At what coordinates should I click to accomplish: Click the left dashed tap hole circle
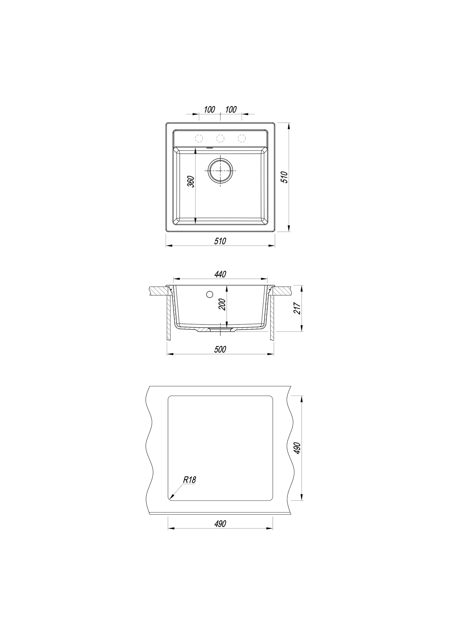click(199, 138)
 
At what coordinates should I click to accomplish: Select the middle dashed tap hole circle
click(220, 138)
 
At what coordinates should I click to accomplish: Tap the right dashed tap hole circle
click(242, 138)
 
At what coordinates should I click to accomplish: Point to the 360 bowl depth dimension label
click(191, 181)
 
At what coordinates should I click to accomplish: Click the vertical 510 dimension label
click(285, 177)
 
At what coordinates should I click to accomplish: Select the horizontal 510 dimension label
click(220, 241)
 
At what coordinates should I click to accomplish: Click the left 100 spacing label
click(210, 110)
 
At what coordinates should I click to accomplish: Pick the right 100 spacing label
click(231, 110)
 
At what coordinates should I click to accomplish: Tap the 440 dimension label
click(220, 274)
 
